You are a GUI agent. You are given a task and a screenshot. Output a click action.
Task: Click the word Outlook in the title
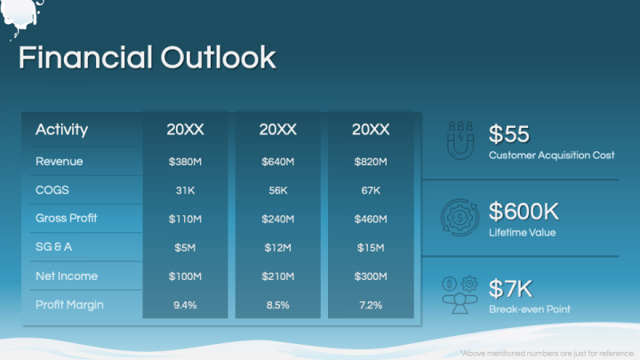(x=219, y=57)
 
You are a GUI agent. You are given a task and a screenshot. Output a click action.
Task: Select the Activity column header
(x=61, y=130)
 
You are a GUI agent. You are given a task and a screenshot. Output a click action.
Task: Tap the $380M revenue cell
(x=185, y=162)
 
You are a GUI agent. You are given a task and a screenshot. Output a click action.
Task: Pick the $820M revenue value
(x=371, y=162)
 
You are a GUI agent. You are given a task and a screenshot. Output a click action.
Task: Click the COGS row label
(x=52, y=190)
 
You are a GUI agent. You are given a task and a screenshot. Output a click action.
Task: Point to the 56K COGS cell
(x=278, y=190)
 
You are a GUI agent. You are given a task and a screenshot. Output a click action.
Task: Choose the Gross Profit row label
(x=66, y=218)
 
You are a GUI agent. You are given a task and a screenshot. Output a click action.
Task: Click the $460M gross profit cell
(x=371, y=219)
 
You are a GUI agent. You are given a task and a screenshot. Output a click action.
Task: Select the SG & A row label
(x=53, y=246)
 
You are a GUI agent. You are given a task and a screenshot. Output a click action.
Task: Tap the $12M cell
(x=278, y=247)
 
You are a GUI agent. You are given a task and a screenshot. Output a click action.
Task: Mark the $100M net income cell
(x=185, y=276)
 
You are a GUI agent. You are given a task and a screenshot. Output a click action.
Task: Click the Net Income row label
(x=67, y=276)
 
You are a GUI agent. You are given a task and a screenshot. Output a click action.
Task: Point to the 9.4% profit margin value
(x=185, y=305)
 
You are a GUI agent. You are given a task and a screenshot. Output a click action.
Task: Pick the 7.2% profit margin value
(x=371, y=305)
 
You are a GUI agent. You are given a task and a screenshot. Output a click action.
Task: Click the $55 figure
(x=509, y=133)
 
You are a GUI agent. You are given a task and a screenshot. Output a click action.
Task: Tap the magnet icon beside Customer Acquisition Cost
(x=460, y=140)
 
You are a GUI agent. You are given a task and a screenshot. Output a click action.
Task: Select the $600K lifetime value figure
(x=524, y=211)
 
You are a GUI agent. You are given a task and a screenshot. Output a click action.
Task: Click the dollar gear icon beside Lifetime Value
(x=460, y=218)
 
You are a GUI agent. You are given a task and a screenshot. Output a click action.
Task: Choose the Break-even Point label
(x=530, y=309)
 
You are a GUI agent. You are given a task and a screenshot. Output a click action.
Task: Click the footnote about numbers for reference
(x=548, y=353)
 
